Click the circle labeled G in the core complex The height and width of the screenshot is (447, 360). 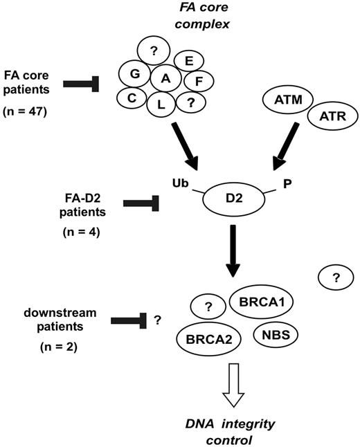pos(133,73)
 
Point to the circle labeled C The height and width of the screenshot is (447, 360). pos(130,98)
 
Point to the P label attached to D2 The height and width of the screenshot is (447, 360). pos(285,181)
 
